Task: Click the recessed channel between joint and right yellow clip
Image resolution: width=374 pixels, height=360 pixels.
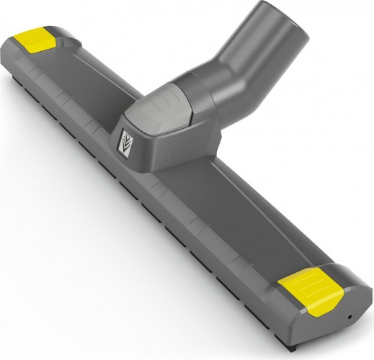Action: [238, 216]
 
